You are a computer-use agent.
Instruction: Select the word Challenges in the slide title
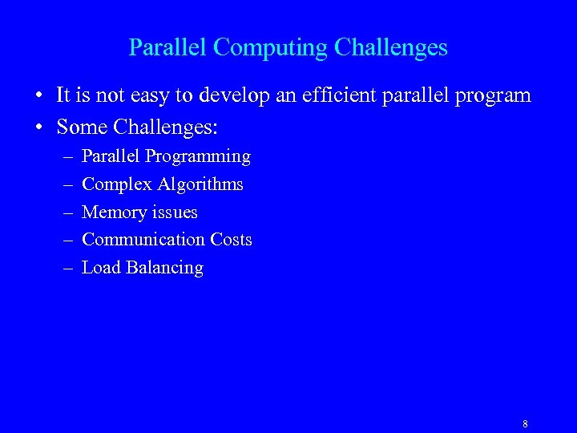tap(390, 48)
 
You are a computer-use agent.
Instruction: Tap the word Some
tap(82, 127)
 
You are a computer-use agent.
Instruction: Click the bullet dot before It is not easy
tap(38, 96)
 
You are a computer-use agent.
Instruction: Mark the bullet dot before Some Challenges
tap(38, 127)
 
